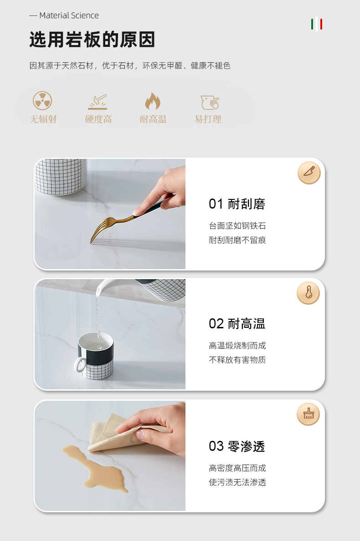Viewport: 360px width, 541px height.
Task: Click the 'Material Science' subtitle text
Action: pyautogui.click(x=69, y=15)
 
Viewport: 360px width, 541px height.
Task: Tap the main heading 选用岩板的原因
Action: pyautogui.click(x=92, y=39)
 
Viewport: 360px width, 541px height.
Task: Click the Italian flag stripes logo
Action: pyautogui.click(x=317, y=25)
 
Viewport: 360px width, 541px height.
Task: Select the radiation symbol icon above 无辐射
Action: pyautogui.click(x=42, y=101)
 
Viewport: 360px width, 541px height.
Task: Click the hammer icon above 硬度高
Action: pyautogui.click(x=98, y=102)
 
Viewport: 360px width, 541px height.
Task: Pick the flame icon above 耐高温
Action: pyautogui.click(x=153, y=101)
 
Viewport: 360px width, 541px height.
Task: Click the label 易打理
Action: pyautogui.click(x=208, y=119)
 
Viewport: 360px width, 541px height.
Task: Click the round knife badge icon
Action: pyautogui.click(x=309, y=173)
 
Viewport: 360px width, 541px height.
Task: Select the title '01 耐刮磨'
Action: pyautogui.click(x=237, y=204)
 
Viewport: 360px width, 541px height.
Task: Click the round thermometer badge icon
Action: pyautogui.click(x=308, y=293)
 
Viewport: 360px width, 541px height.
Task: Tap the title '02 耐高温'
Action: pyautogui.click(x=237, y=324)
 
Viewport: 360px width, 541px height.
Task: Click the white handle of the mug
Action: pyautogui.click(x=79, y=365)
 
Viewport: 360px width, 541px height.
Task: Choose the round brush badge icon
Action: pyautogui.click(x=308, y=414)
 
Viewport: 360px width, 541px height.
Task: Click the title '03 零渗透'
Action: pyautogui.click(x=237, y=446)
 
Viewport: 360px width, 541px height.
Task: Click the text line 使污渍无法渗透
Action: pyautogui.click(x=237, y=482)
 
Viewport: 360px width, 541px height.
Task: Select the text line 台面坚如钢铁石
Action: pyautogui.click(x=237, y=226)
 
